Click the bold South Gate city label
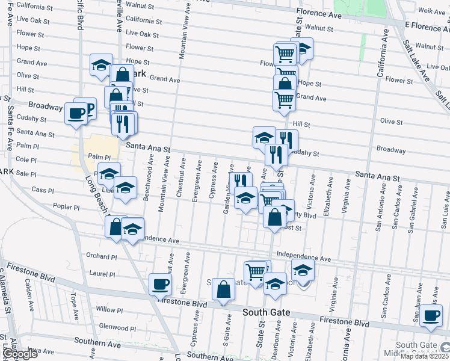[267, 313]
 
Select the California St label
[34, 6]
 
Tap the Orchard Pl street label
[101, 256]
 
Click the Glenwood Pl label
[117, 328]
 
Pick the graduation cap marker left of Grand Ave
[101, 64]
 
